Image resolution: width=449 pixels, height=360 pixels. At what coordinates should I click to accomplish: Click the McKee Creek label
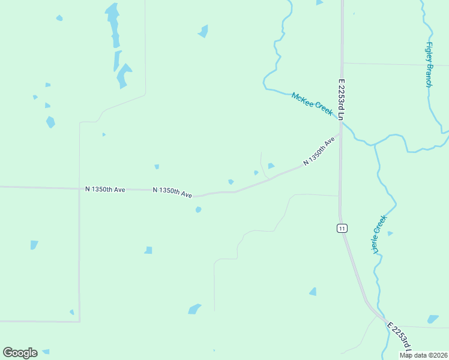pos(312,104)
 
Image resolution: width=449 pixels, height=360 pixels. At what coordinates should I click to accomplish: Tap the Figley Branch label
pos(429,64)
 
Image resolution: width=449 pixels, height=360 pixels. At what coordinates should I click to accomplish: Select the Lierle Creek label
pos(378,235)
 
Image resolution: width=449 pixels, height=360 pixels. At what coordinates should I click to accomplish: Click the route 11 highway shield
pos(342,228)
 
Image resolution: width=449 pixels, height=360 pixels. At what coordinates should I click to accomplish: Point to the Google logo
pos(20,353)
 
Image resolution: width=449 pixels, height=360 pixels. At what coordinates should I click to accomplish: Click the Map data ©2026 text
pos(424,355)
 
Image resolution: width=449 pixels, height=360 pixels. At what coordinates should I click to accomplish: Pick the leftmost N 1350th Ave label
pos(105,189)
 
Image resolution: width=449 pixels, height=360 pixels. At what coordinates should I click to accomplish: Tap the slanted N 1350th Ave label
pos(319,152)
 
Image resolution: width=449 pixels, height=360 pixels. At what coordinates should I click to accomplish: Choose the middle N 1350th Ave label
pos(172,192)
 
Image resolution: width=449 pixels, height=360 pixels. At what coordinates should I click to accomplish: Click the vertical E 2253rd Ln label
pos(341,100)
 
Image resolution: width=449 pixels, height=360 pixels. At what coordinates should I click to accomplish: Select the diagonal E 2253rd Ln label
pos(401,340)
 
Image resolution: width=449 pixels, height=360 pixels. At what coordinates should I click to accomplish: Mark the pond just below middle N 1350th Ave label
pos(198,210)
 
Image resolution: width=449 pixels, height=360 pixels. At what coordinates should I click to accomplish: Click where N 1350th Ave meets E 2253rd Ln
pos(340,134)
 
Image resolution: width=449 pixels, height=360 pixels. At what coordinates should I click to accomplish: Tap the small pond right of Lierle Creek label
pos(390,233)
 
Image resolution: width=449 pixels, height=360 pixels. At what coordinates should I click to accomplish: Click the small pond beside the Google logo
pos(46,352)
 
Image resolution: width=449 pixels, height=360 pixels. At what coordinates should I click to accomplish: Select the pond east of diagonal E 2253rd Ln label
pos(433,319)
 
